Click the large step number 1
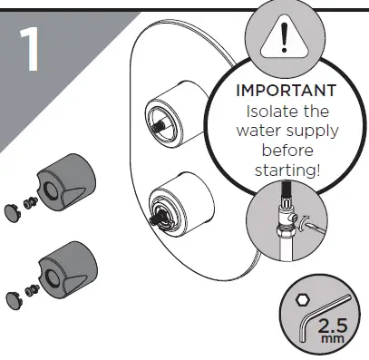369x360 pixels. [32, 52]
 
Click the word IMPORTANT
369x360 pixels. [286, 92]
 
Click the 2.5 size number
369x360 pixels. [333, 322]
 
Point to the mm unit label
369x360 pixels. [335, 338]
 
